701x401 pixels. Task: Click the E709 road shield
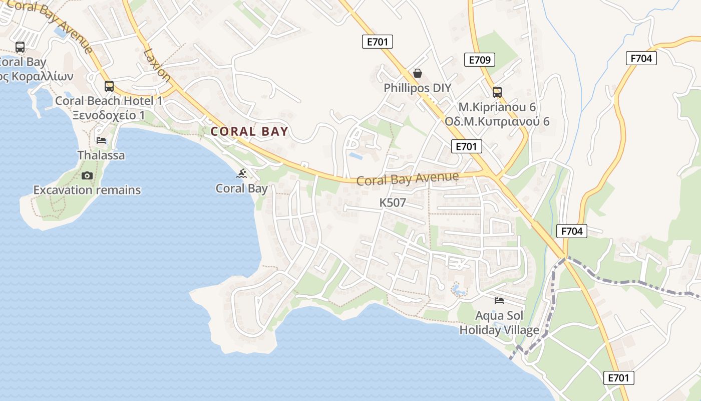[x=479, y=60]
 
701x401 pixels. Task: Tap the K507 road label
[x=393, y=203]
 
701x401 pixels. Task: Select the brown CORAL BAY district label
[x=249, y=131]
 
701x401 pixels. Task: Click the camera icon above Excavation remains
[x=87, y=175]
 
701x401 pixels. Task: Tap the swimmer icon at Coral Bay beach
[x=242, y=174]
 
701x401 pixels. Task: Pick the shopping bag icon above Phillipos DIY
[x=418, y=73]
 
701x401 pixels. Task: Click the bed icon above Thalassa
[x=101, y=140]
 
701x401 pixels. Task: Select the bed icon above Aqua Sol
[x=499, y=300]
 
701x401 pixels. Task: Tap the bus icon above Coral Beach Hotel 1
[x=109, y=86]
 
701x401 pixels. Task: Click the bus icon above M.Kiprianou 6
[x=497, y=92]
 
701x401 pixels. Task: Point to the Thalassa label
[x=101, y=155]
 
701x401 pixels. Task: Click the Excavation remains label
[x=87, y=190]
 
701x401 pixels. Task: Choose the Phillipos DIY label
[x=418, y=88]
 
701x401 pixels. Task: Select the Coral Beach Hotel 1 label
[x=109, y=101]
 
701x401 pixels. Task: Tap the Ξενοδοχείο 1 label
[x=109, y=115]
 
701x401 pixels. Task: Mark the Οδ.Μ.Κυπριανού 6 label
[x=497, y=122]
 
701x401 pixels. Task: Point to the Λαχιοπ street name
[x=157, y=65]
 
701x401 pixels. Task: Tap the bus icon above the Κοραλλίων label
[x=20, y=47]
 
